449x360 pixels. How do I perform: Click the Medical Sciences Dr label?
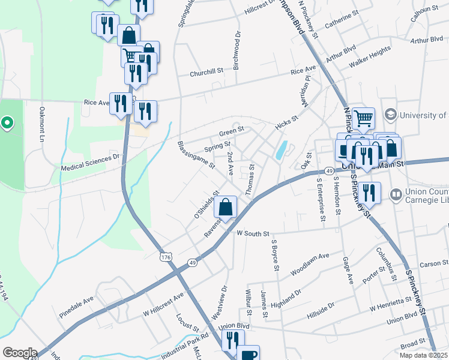[x=90, y=161]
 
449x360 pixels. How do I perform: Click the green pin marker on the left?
[x=7, y=124]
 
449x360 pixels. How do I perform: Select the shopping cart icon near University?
[x=363, y=119]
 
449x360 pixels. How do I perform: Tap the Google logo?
[x=20, y=353]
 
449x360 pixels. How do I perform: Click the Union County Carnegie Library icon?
[x=396, y=194]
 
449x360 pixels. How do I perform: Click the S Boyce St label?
[x=275, y=255]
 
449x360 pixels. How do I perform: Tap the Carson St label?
[x=430, y=264]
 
